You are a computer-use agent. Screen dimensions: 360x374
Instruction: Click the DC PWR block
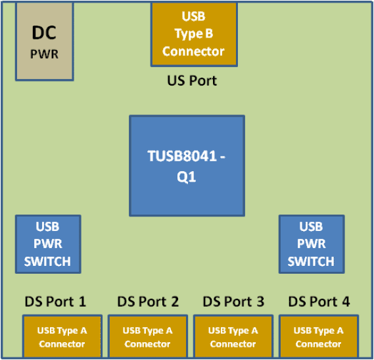tap(45, 41)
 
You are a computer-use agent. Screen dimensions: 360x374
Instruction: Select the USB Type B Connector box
tap(193, 34)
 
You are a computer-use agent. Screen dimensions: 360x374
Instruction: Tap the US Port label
tap(193, 81)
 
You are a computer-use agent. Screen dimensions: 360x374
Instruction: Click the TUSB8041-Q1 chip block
tap(187, 166)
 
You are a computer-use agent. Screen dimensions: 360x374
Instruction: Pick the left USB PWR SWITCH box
tap(47, 244)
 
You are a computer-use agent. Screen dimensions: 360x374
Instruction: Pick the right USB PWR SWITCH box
tap(311, 244)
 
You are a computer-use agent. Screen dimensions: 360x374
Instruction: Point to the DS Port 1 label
tap(55, 302)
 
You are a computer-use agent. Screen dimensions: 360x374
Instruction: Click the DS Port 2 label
tap(148, 302)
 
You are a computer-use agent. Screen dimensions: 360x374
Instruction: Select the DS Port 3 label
tap(233, 302)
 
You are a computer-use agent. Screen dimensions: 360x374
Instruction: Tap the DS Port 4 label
tap(319, 302)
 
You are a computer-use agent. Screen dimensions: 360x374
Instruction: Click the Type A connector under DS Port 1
tap(62, 337)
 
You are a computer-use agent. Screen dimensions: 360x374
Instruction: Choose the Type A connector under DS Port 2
tap(147, 337)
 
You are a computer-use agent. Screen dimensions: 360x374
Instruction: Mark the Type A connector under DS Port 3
tap(233, 337)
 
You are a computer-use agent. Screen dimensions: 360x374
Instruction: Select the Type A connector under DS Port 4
tap(318, 337)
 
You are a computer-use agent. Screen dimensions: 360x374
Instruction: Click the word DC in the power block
tap(45, 32)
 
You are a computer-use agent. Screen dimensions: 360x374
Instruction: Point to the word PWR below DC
tap(45, 54)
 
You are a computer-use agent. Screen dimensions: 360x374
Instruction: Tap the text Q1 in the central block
tap(187, 177)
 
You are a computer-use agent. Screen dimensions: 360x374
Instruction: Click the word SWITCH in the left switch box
tap(47, 261)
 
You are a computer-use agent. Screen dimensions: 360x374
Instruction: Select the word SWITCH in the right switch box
tap(311, 261)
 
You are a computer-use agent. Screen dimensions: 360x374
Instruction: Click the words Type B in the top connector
tap(193, 34)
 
